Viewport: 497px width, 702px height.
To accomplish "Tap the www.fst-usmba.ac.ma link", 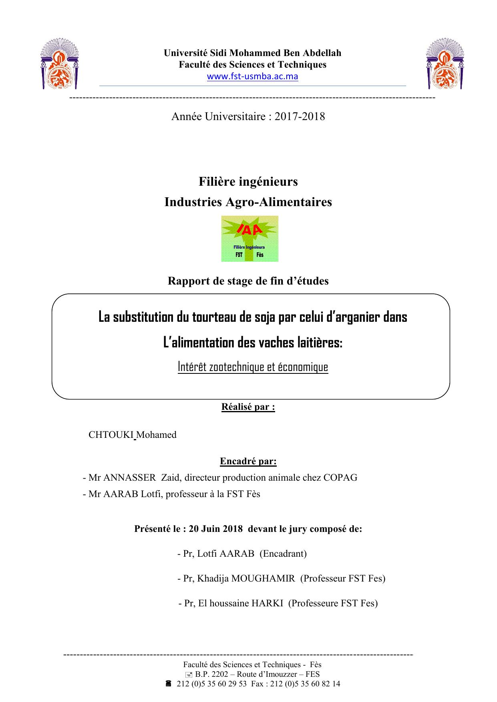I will [252, 76].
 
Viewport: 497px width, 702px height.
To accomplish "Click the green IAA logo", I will [250, 239].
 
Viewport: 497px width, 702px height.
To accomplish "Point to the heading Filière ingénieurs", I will [248, 182].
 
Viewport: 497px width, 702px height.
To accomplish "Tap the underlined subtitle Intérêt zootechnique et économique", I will [253, 367].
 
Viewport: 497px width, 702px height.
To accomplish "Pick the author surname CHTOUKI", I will [111, 435].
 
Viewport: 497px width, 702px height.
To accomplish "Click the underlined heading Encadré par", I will [248, 461].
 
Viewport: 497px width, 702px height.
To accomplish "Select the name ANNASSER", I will [129, 477].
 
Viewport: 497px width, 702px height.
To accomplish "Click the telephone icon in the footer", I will [168, 684].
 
